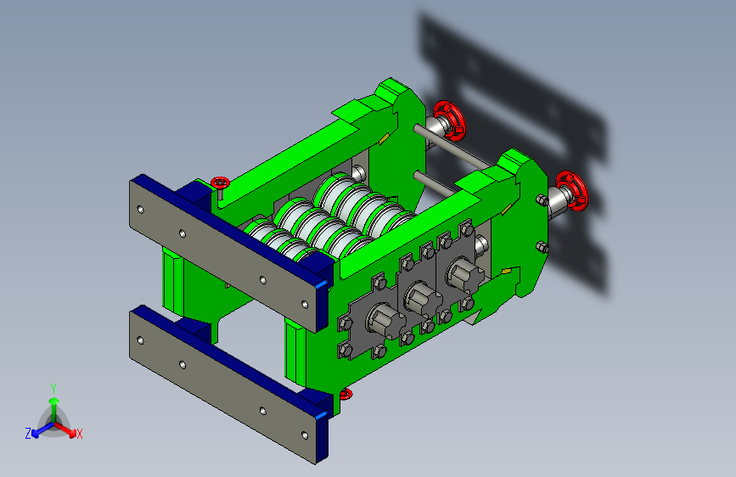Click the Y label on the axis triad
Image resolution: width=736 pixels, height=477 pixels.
point(53,389)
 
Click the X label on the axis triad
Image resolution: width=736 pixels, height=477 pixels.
point(79,435)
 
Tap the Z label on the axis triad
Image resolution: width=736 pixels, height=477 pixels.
point(28,434)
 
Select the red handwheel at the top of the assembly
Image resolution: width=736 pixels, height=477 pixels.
point(449,121)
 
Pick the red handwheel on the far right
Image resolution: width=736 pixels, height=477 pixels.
point(572,191)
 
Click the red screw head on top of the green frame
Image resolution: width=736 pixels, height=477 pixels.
point(220,182)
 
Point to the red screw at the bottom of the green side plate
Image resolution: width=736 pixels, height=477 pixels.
point(346,394)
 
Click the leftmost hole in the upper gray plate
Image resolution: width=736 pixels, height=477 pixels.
point(140,210)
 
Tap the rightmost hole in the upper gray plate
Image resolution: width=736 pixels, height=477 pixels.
point(305,305)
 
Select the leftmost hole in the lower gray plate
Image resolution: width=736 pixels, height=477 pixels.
point(140,341)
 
